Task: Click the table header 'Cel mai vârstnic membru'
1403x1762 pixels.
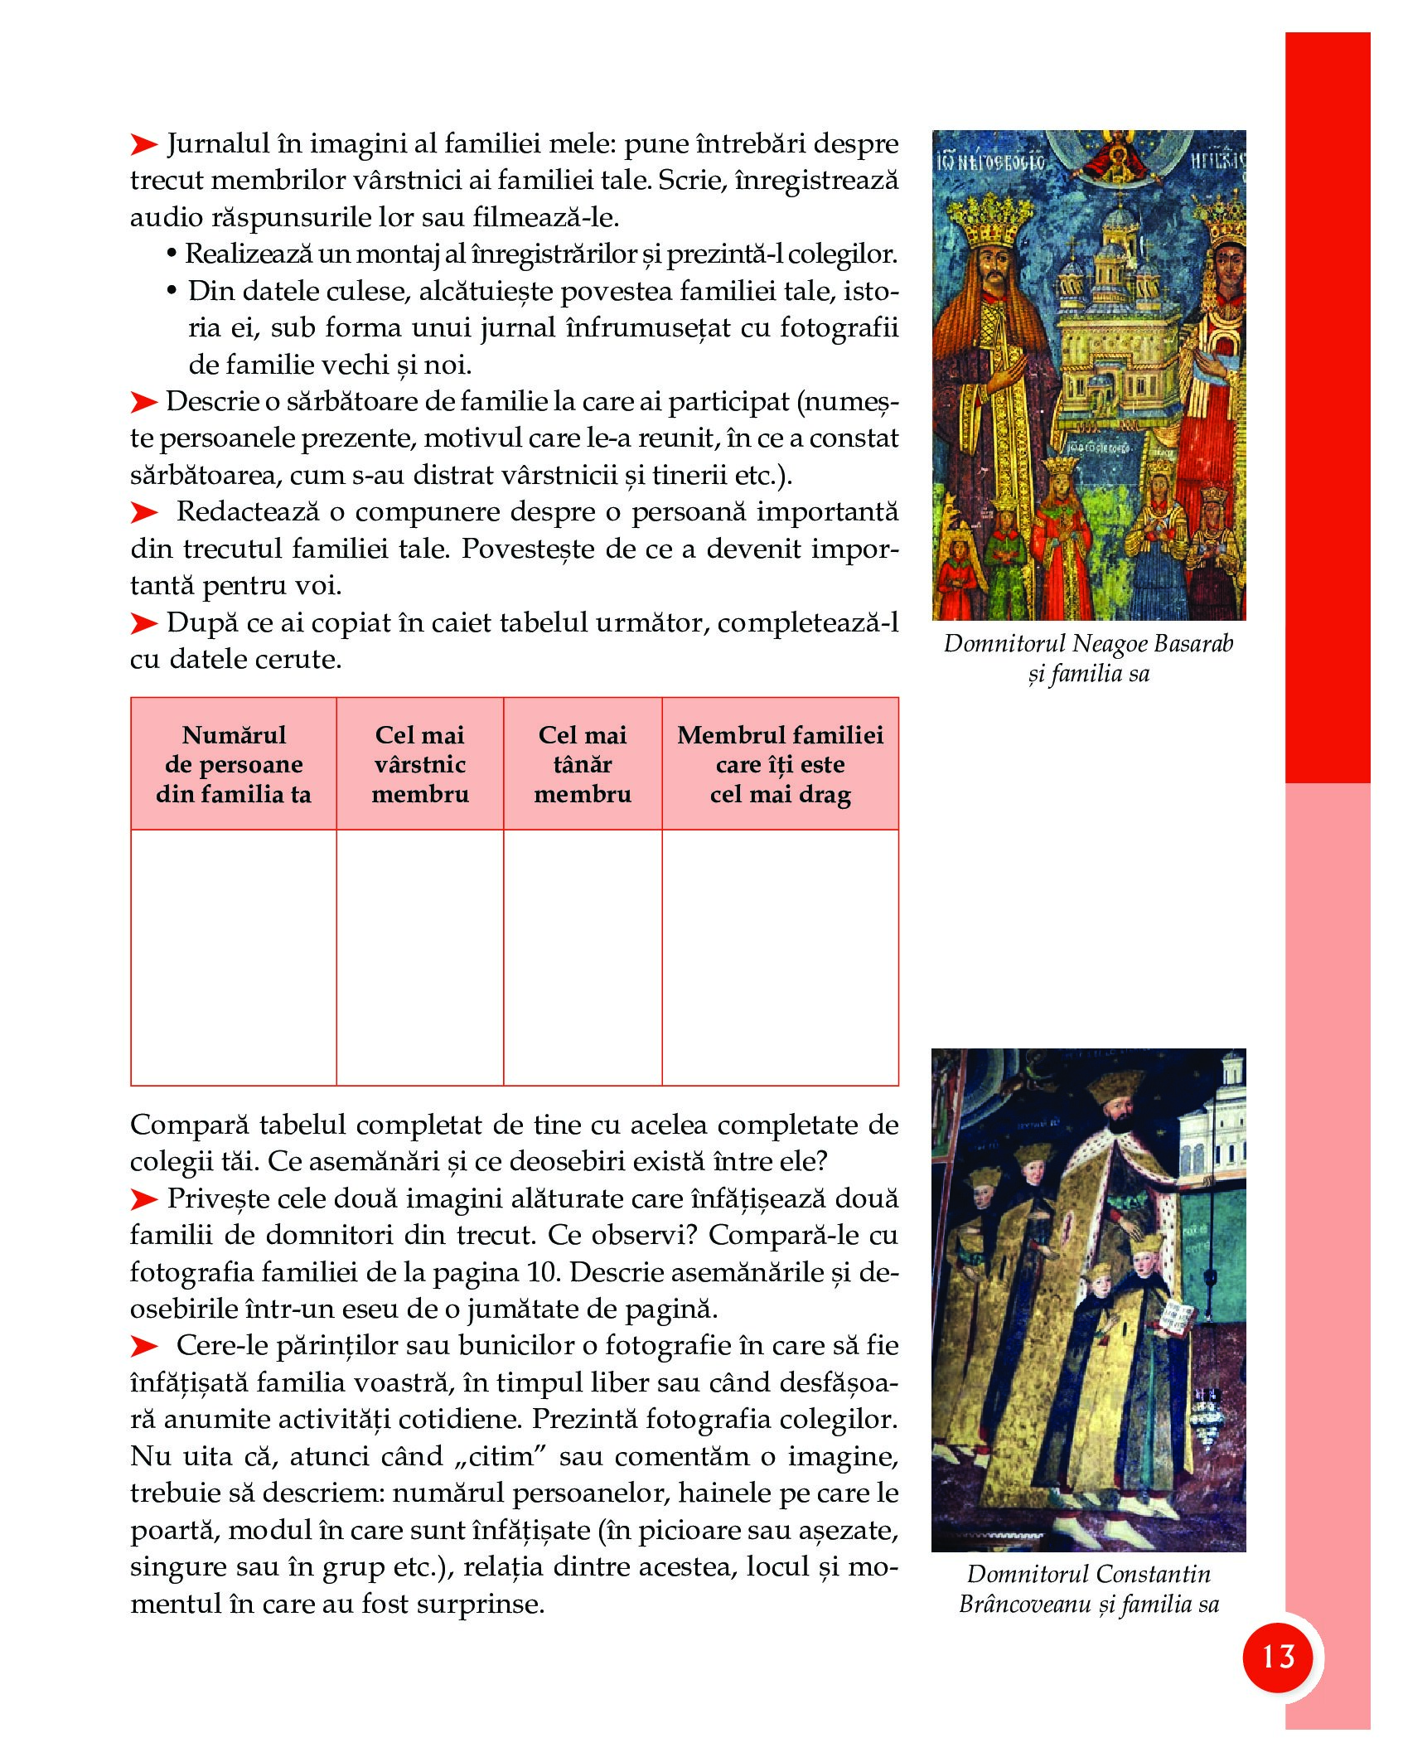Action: tap(420, 764)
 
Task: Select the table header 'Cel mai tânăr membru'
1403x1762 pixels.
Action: tap(583, 764)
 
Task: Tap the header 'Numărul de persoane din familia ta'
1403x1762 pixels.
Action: tap(234, 764)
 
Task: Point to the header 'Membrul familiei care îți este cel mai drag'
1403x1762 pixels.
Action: tap(780, 764)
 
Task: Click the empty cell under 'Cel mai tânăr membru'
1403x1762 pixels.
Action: tap(583, 957)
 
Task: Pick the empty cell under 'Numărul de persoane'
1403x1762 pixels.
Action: tap(234, 957)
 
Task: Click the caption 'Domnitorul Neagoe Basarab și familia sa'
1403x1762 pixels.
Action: tap(1088, 659)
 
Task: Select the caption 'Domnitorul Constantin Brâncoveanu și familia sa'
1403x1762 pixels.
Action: tap(1088, 1590)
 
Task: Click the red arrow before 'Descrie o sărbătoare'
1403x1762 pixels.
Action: tap(144, 403)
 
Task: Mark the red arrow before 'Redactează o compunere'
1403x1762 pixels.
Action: tap(144, 513)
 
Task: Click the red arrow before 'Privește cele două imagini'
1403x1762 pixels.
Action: tap(144, 1199)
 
